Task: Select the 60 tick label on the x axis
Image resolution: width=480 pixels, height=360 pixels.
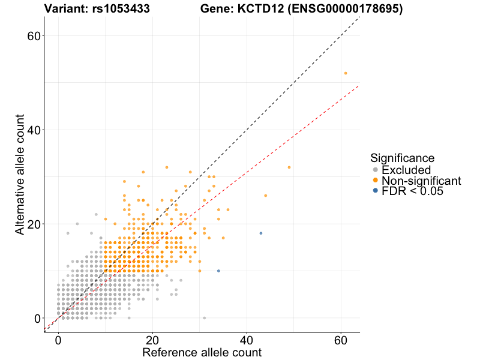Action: [340, 340]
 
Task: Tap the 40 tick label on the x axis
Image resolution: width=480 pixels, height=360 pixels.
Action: [246, 340]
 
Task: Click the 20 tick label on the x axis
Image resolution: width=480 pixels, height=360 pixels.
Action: [152, 340]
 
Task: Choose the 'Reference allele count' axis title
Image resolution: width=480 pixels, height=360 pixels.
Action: [202, 352]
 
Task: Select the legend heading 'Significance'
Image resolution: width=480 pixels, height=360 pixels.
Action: [403, 158]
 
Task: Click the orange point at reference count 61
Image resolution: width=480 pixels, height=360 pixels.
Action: [346, 73]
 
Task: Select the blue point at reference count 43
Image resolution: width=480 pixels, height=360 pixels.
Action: [261, 233]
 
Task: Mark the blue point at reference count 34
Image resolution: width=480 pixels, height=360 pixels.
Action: [218, 271]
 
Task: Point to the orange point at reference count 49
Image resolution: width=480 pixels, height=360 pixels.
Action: [289, 167]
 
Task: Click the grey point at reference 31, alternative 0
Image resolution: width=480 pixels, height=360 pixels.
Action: [205, 318]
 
